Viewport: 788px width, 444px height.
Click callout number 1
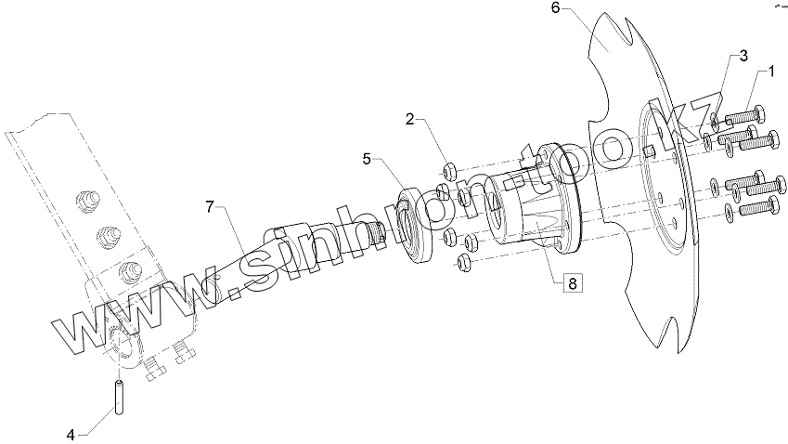coord(769,71)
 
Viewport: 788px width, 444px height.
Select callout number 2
coord(409,119)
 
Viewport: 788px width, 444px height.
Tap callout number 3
coord(743,56)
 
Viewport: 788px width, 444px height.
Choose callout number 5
coord(368,159)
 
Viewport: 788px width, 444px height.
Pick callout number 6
coord(556,8)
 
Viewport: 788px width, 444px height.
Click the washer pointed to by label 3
coord(713,121)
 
